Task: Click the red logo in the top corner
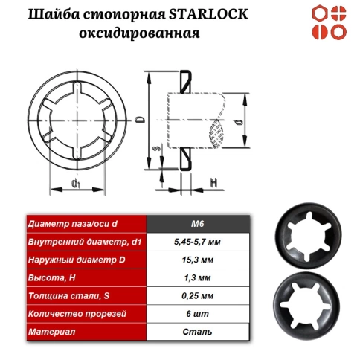[x=329, y=22]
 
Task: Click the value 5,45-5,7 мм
[x=198, y=242]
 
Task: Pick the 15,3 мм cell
[x=198, y=260]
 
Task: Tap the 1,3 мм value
[x=198, y=277]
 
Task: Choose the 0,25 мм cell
[x=198, y=295]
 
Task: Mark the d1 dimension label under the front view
[x=76, y=183]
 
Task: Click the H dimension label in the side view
[x=213, y=181]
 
